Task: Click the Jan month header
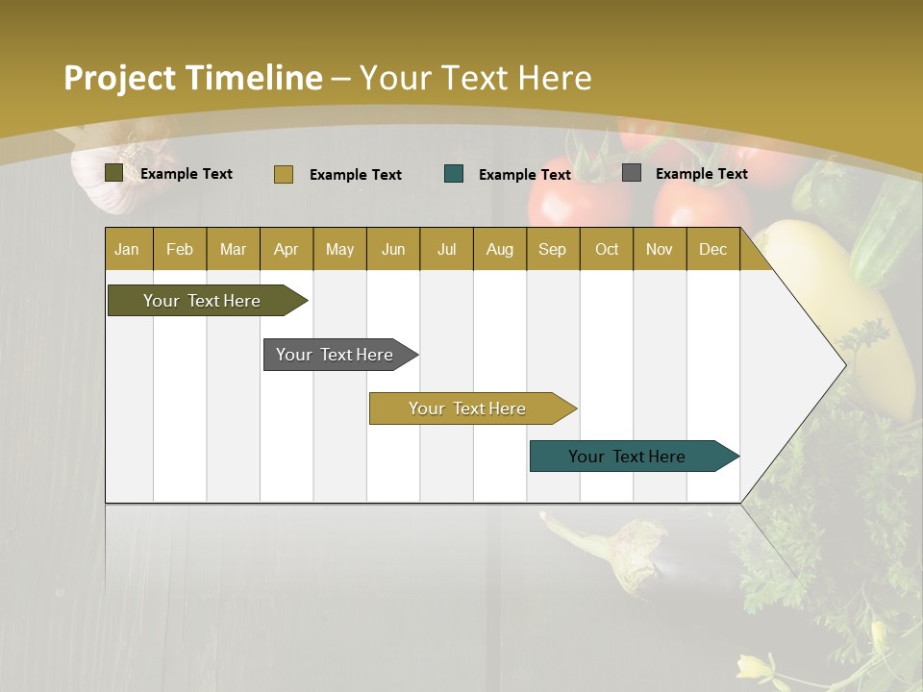[128, 249]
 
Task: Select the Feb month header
[180, 249]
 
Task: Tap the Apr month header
[286, 249]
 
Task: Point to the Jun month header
[393, 249]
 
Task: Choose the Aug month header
[499, 249]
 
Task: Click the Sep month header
[552, 249]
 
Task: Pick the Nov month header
[660, 249]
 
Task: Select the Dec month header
[712, 249]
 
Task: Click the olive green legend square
[114, 173]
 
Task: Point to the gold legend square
[284, 174]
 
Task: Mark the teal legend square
[454, 174]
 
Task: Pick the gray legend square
[632, 173]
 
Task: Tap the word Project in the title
[119, 78]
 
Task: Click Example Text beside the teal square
[524, 175]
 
